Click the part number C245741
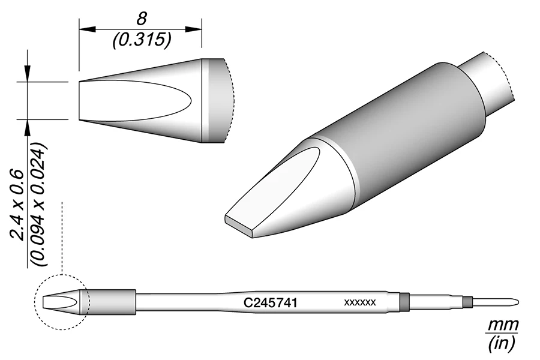coord(270,304)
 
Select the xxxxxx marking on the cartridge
coord(359,303)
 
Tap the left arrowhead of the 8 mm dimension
coord(84,28)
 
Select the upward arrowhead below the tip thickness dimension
coord(27,127)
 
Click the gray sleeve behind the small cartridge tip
coord(111,302)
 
